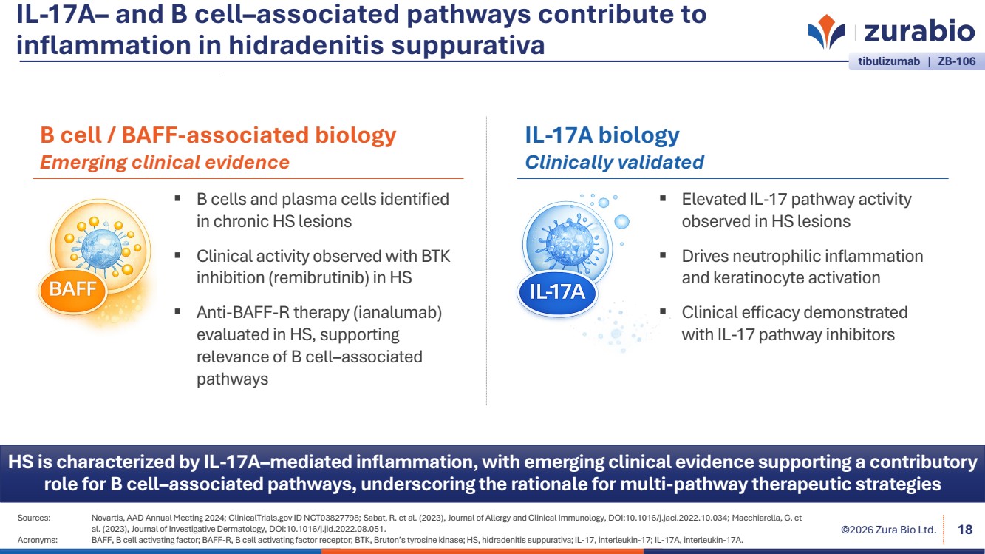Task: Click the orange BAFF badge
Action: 72,289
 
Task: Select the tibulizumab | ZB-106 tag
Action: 917,61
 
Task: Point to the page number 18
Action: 964,530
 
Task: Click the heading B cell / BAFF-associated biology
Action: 218,135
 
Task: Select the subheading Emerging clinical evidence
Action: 164,162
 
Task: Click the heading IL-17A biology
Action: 601,135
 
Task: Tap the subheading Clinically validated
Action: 614,162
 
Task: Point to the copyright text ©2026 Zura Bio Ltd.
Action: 888,530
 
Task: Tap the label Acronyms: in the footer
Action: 37,540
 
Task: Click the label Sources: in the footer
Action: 34,518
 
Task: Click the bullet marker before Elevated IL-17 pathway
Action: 663,198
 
